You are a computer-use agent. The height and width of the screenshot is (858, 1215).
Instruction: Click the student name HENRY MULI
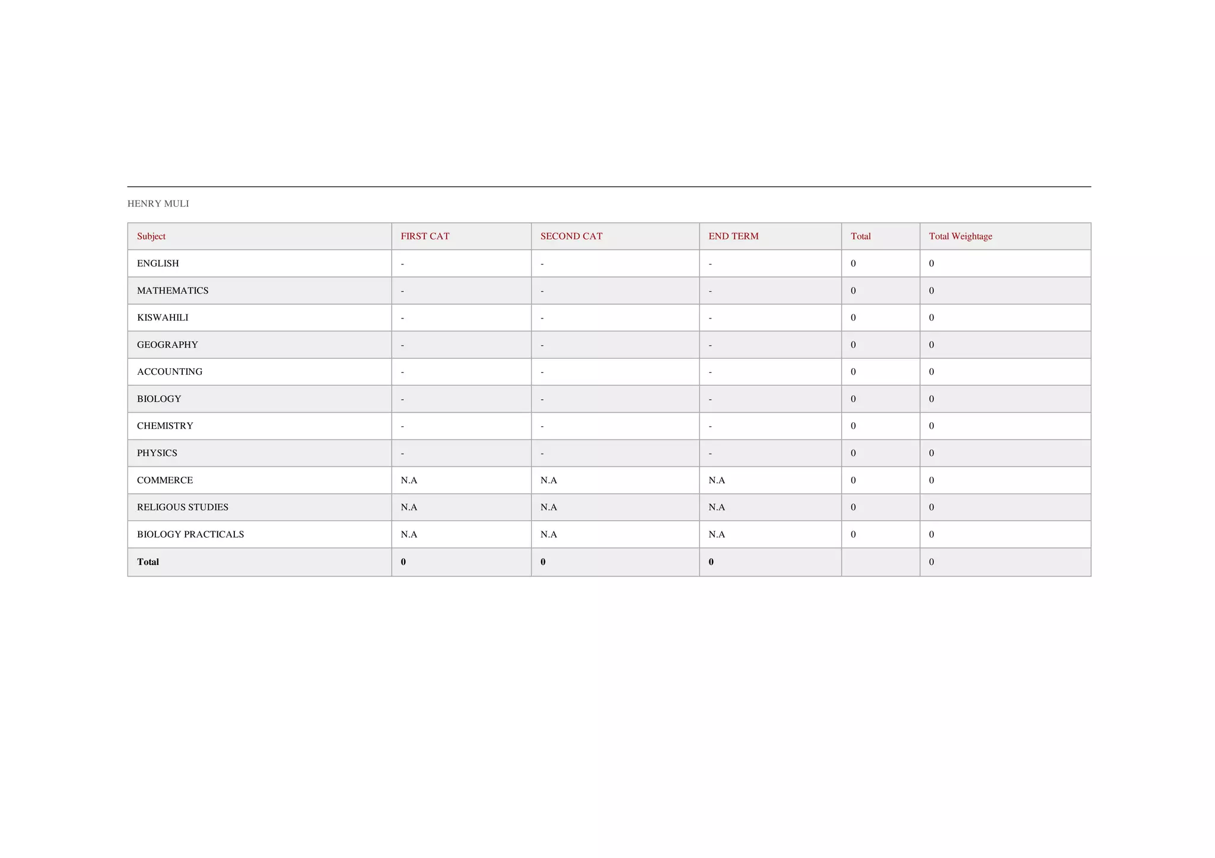coord(158,203)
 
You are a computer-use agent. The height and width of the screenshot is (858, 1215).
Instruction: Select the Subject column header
coord(151,236)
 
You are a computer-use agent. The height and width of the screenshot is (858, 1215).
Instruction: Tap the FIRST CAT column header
coord(425,236)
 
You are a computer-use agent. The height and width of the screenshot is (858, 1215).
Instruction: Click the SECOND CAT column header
coord(571,236)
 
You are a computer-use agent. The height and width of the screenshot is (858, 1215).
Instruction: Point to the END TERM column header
coord(733,236)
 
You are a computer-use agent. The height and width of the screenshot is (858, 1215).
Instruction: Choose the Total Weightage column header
coord(960,236)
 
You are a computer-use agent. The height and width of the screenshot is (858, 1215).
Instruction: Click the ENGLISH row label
coord(158,263)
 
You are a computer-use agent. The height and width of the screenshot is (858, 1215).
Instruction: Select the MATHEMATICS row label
coord(173,291)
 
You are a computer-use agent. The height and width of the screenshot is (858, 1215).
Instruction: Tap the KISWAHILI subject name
coord(163,317)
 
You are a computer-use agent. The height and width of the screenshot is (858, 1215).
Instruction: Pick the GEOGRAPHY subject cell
coord(167,345)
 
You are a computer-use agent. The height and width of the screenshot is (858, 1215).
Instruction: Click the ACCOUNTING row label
coord(170,372)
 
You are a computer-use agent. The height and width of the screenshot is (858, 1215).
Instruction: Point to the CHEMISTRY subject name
coord(165,426)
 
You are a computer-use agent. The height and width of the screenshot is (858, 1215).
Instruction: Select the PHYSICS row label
coord(157,453)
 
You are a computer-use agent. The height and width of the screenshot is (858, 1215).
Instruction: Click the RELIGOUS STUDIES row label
coord(183,507)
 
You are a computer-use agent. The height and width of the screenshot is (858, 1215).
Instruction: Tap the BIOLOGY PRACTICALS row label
coord(190,534)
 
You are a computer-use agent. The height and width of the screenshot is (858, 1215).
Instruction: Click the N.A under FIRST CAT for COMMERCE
coord(409,480)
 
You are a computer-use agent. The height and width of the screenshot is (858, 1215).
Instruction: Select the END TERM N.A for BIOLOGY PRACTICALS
coord(717,534)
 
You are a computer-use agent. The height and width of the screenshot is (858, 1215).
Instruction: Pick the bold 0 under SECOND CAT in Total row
coord(543,562)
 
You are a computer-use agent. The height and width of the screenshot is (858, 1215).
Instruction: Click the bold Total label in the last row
coord(148,562)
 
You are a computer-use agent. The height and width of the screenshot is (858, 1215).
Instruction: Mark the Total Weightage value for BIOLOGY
coord(931,399)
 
